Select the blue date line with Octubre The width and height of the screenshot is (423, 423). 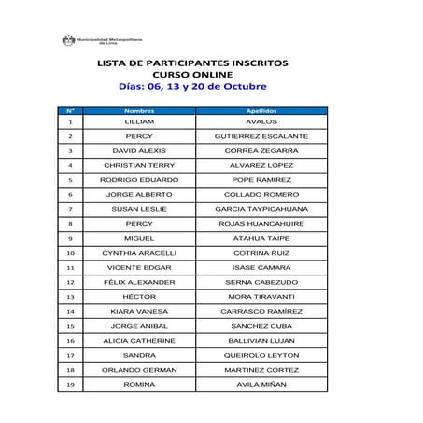[x=192, y=86]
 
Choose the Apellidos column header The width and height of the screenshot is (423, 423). [x=261, y=110]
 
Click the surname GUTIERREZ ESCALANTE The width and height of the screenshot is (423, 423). [x=261, y=136]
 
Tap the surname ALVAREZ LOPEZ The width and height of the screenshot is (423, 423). [x=261, y=165]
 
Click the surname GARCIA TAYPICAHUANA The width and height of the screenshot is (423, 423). [x=261, y=209]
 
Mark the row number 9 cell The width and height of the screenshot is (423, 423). [x=71, y=238]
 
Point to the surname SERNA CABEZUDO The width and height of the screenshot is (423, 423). [x=261, y=281]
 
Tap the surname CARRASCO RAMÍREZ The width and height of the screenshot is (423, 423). [x=261, y=311]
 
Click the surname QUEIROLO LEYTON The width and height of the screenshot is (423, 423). [x=261, y=355]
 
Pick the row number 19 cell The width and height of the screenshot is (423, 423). [x=71, y=384]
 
